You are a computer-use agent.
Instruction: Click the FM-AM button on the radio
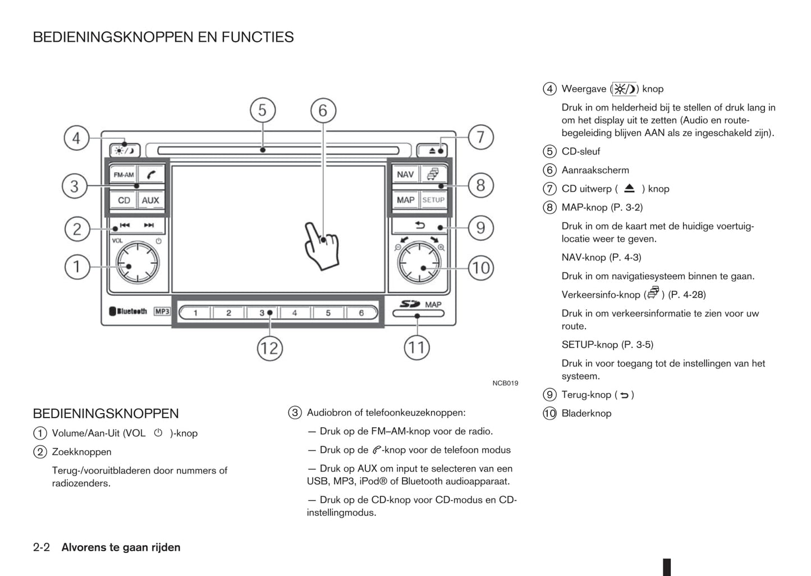pyautogui.click(x=123, y=175)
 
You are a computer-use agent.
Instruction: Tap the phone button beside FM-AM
pyautogui.click(x=151, y=175)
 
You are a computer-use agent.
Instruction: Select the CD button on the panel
pyautogui.click(x=123, y=200)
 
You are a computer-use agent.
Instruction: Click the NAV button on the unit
pyautogui.click(x=405, y=175)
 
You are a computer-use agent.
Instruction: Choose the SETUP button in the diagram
pyautogui.click(x=433, y=200)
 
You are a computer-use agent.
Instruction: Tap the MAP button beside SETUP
pyautogui.click(x=405, y=200)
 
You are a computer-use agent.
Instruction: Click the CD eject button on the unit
pyautogui.click(x=432, y=150)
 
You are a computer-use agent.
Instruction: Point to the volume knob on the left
pyautogui.click(x=137, y=263)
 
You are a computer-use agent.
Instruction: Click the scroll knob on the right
pyautogui.click(x=419, y=263)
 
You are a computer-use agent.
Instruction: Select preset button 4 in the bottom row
pyautogui.click(x=295, y=313)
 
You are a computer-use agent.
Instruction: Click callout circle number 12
pyautogui.click(x=269, y=349)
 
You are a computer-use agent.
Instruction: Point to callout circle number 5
pyautogui.click(x=262, y=111)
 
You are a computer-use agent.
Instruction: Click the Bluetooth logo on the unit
pyautogui.click(x=129, y=312)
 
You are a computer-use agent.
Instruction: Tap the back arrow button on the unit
pyautogui.click(x=420, y=226)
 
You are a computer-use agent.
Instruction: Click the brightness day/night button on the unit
pyautogui.click(x=125, y=150)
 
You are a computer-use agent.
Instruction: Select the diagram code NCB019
pyautogui.click(x=505, y=383)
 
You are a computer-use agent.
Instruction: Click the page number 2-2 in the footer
pyautogui.click(x=42, y=547)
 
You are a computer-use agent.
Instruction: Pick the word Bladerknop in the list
pyautogui.click(x=586, y=414)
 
